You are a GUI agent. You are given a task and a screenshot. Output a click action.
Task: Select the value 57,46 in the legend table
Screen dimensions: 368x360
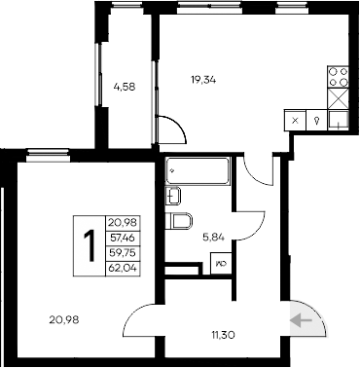point(123,238)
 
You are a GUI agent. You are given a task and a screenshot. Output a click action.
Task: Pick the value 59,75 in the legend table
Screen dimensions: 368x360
point(123,252)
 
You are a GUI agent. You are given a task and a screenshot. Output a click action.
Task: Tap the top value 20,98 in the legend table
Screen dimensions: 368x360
point(123,223)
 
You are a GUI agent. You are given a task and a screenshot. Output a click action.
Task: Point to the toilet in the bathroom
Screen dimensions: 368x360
point(180,221)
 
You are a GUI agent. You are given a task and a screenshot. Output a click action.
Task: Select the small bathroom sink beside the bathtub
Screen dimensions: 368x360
point(178,196)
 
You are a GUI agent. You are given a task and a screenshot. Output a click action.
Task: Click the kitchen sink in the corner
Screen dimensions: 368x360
point(339,120)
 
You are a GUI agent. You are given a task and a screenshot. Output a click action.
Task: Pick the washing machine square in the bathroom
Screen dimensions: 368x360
point(221,260)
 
